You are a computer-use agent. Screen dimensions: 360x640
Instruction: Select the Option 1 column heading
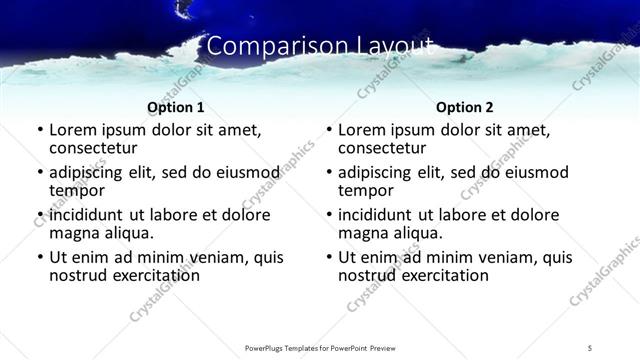point(176,107)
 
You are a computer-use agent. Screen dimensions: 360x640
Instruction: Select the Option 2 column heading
point(465,107)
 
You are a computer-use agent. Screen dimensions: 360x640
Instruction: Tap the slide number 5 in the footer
point(590,347)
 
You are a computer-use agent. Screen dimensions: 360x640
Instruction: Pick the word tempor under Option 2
point(366,189)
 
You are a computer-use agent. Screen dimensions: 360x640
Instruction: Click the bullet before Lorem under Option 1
point(39,130)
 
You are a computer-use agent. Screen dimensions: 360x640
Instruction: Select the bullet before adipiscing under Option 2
point(329,173)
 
